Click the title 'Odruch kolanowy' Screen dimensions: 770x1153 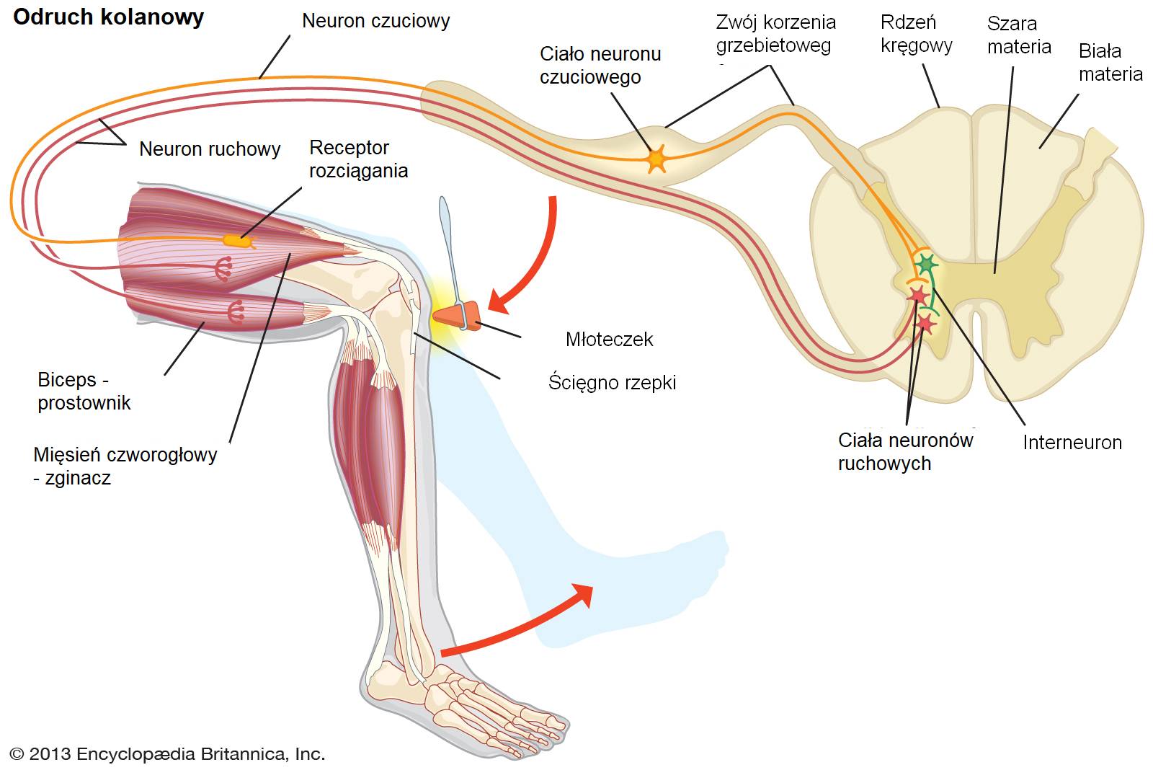108,17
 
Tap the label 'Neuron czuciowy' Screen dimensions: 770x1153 375,21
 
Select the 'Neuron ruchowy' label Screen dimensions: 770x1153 209,149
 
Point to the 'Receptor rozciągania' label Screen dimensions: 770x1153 358,159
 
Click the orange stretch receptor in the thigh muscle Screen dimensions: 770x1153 238,240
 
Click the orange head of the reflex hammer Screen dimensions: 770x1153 457,314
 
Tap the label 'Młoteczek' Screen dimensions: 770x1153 609,340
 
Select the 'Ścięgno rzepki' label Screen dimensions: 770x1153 612,382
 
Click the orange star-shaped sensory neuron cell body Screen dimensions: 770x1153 656,159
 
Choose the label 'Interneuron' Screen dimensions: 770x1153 1072,443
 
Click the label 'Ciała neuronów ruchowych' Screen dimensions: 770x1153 905,452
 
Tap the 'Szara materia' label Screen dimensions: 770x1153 1018,35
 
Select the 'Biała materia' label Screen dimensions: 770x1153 1110,63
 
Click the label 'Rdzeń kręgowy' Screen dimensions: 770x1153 916,34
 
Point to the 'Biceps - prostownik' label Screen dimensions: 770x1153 84,391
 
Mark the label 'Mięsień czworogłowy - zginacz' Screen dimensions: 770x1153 125,466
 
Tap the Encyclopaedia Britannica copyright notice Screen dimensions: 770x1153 167,754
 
